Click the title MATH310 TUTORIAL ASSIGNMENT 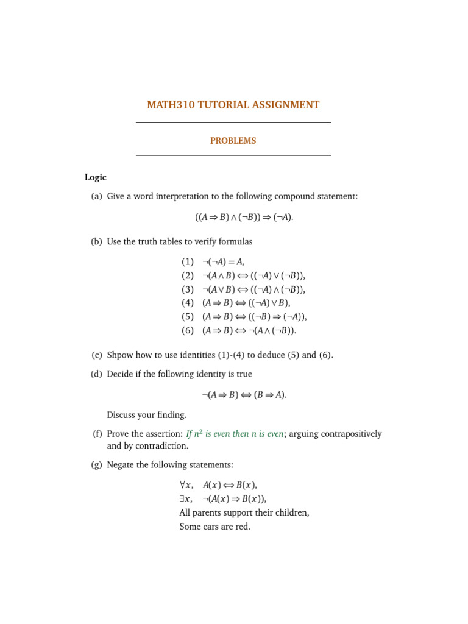click(x=233, y=105)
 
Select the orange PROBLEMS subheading click(x=233, y=141)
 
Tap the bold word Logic click(x=96, y=177)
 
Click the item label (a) click(x=96, y=196)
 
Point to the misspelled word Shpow click(x=120, y=355)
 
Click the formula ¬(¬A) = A click(x=223, y=261)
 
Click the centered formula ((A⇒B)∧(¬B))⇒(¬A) click(x=244, y=217)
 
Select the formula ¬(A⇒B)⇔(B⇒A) click(x=244, y=394)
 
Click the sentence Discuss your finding click(x=147, y=415)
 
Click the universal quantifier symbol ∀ click(x=183, y=485)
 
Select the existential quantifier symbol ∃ click(x=182, y=498)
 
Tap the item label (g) click(x=96, y=464)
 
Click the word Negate click(x=121, y=464)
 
